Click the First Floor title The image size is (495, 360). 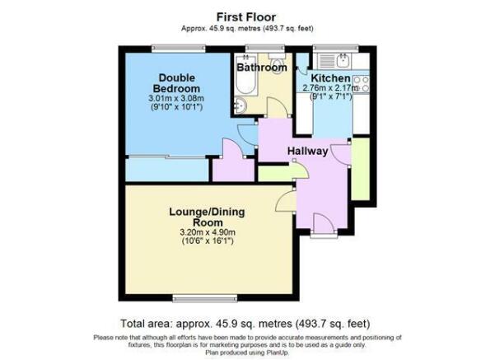(246, 16)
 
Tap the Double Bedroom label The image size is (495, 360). (179, 83)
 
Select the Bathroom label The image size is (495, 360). (262, 68)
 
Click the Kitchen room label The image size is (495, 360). (330, 78)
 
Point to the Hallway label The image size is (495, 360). (307, 151)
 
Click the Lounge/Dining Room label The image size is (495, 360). (207, 217)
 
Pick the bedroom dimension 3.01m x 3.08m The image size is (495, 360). (176, 98)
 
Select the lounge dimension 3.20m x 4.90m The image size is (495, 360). (208, 232)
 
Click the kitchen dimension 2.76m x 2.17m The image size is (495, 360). (330, 87)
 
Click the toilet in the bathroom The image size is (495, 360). (277, 63)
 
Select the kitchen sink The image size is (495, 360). (343, 60)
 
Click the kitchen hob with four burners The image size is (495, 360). (361, 84)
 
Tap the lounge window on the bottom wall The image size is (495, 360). (205, 298)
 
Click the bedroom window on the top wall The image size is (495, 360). (179, 49)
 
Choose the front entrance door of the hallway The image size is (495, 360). (324, 224)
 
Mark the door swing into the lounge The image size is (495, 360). (286, 201)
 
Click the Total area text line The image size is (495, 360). (245, 324)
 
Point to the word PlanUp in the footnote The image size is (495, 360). (278, 352)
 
